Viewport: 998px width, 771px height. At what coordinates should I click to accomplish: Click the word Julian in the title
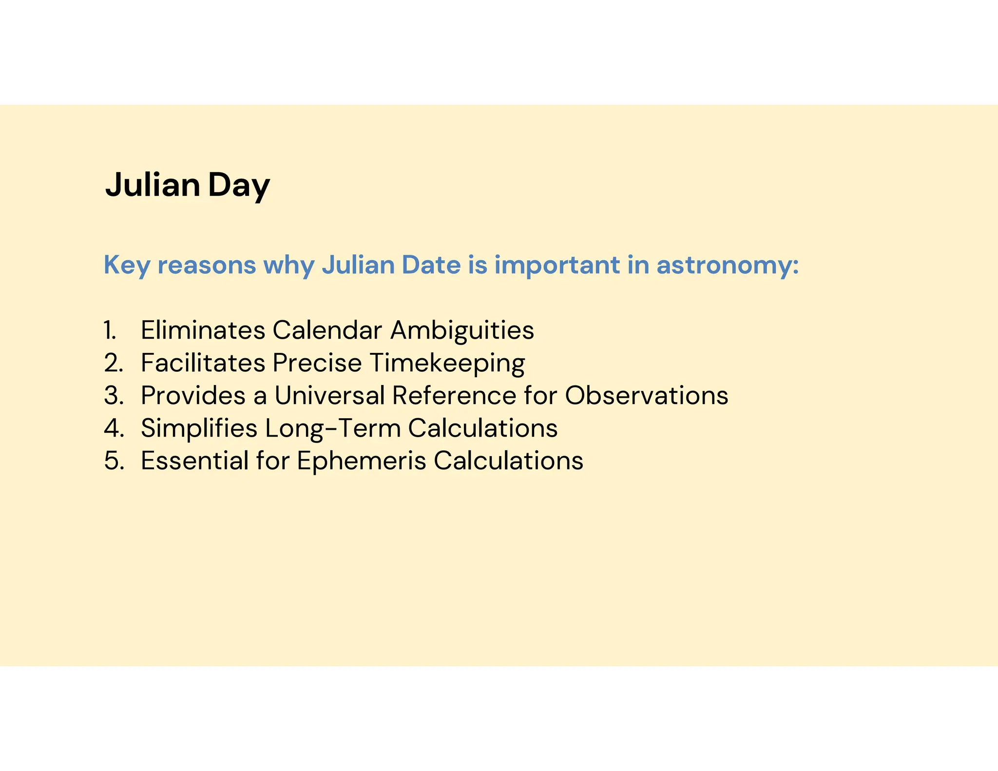tap(153, 185)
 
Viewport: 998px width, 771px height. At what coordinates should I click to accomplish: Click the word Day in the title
tap(239, 185)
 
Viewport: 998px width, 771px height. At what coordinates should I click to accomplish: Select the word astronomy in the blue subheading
tap(727, 265)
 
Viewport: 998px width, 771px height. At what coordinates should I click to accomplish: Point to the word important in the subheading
tap(557, 265)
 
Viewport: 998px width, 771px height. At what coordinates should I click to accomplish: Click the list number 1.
tap(110, 330)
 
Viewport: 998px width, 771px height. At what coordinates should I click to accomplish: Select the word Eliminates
tap(203, 330)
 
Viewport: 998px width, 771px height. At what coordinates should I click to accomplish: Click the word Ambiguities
tap(462, 330)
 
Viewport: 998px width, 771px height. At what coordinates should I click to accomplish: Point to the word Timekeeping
tap(447, 363)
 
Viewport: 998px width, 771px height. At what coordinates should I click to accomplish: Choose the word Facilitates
tap(203, 363)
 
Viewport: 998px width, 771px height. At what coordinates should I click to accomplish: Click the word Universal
tap(329, 395)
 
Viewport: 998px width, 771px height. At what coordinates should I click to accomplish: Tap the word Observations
tap(646, 395)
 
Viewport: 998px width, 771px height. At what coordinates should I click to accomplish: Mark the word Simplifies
tap(199, 428)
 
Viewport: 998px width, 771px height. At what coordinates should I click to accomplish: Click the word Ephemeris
tap(361, 461)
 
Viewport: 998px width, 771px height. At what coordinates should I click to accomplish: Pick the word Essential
tap(194, 461)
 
